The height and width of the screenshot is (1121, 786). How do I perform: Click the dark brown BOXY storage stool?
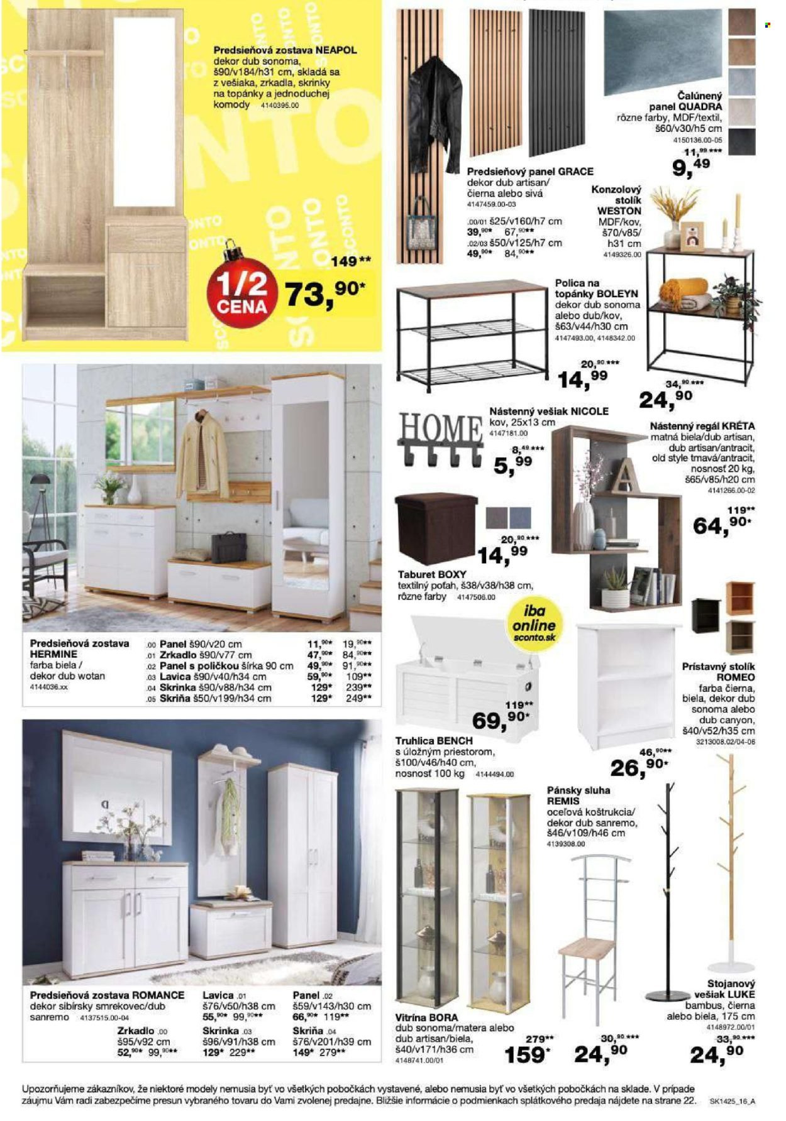tap(436, 528)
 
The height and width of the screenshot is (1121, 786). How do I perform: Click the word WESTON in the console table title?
tap(619, 211)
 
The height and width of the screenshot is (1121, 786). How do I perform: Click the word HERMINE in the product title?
tap(53, 654)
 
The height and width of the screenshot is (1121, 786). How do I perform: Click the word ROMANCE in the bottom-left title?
tap(158, 995)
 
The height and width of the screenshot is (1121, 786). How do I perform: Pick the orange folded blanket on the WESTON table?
tap(680, 290)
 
